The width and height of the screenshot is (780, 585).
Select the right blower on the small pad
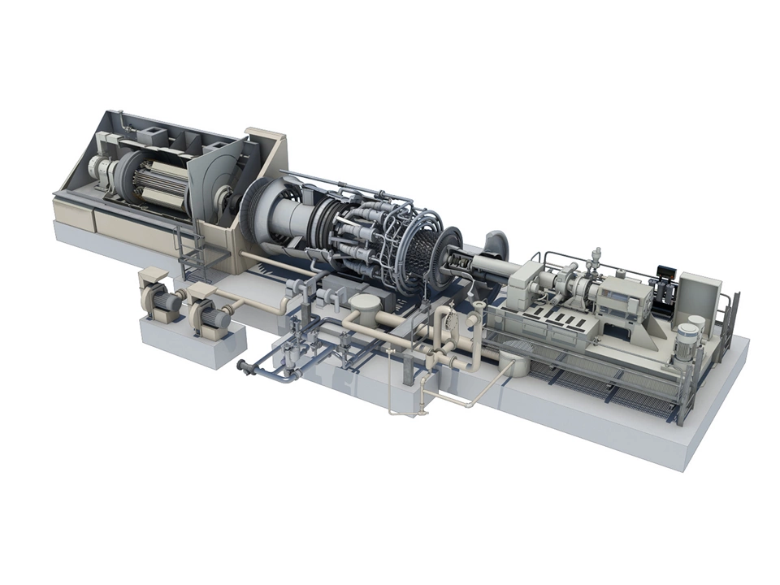210,310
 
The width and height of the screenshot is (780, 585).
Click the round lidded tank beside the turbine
366,309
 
